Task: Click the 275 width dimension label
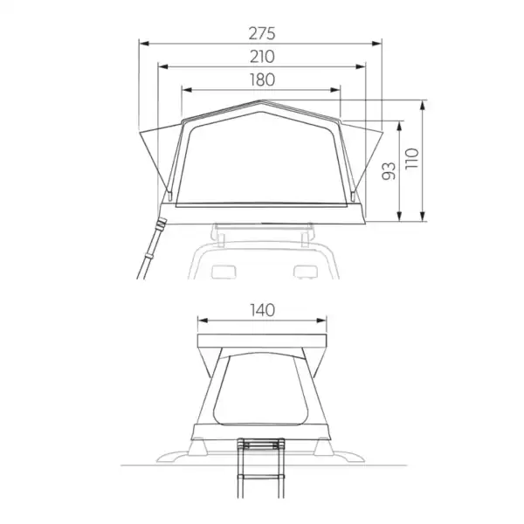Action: point(261,34)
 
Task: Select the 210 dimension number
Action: point(261,57)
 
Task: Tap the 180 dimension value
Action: point(261,79)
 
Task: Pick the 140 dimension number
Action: point(261,310)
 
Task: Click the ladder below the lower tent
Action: point(259,472)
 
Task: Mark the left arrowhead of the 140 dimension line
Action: point(200,320)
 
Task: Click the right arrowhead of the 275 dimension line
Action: point(381,42)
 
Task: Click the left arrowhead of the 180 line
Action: point(183,88)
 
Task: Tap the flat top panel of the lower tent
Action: point(261,341)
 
